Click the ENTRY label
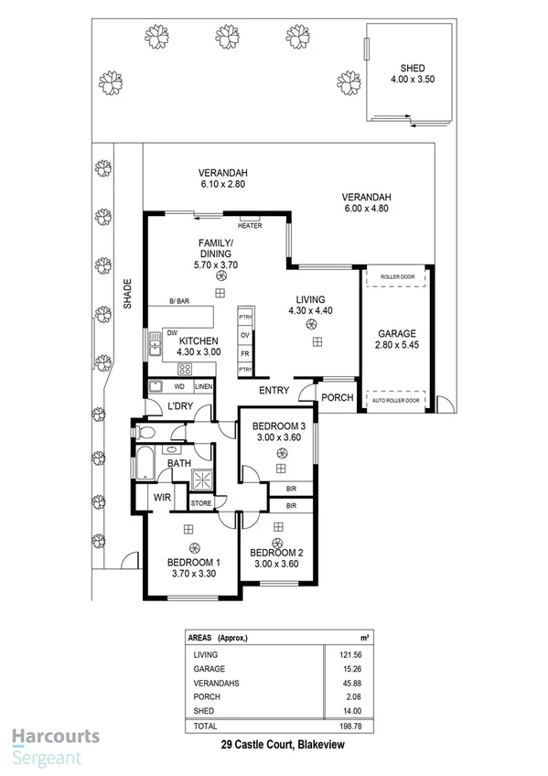tap(274, 391)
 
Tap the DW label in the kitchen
tap(171, 333)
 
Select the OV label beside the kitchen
tap(244, 335)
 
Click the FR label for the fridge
tap(244, 352)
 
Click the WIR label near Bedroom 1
tap(162, 498)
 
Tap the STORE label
tap(201, 503)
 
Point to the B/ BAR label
tap(179, 302)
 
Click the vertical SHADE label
tap(129, 295)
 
